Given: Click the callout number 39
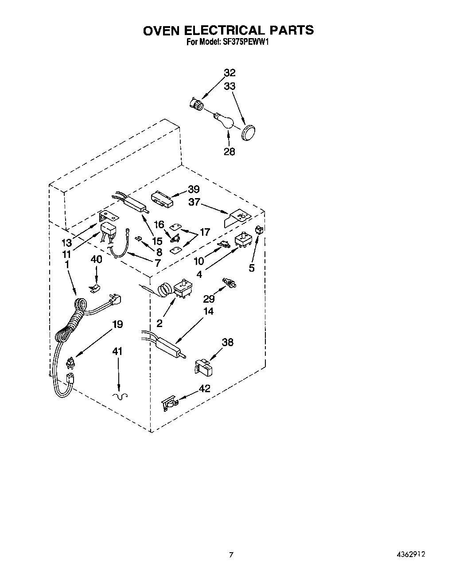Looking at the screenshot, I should pos(194,190).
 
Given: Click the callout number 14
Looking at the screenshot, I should pos(208,311).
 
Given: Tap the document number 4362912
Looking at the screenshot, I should pos(413,554).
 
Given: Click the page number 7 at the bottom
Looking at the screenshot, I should pos(230,554).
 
